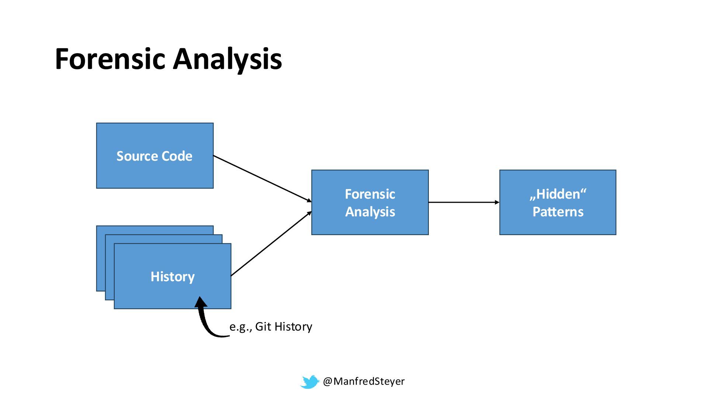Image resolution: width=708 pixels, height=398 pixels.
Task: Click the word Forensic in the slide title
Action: pos(110,59)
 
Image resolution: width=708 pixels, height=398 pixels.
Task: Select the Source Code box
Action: pos(155,173)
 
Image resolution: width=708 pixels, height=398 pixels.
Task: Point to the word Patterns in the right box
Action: pos(558,212)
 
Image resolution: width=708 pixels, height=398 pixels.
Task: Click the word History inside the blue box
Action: pos(173,277)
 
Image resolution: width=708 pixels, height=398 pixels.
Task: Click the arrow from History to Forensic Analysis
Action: pos(271,244)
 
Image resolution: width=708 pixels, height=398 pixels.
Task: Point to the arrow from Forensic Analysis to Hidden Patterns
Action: pos(464,202)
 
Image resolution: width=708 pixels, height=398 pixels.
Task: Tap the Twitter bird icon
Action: pos(309,382)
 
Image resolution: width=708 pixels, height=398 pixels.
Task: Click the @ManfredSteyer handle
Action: pos(364,381)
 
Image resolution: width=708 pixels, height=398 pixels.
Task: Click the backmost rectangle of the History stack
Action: pos(100,258)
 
